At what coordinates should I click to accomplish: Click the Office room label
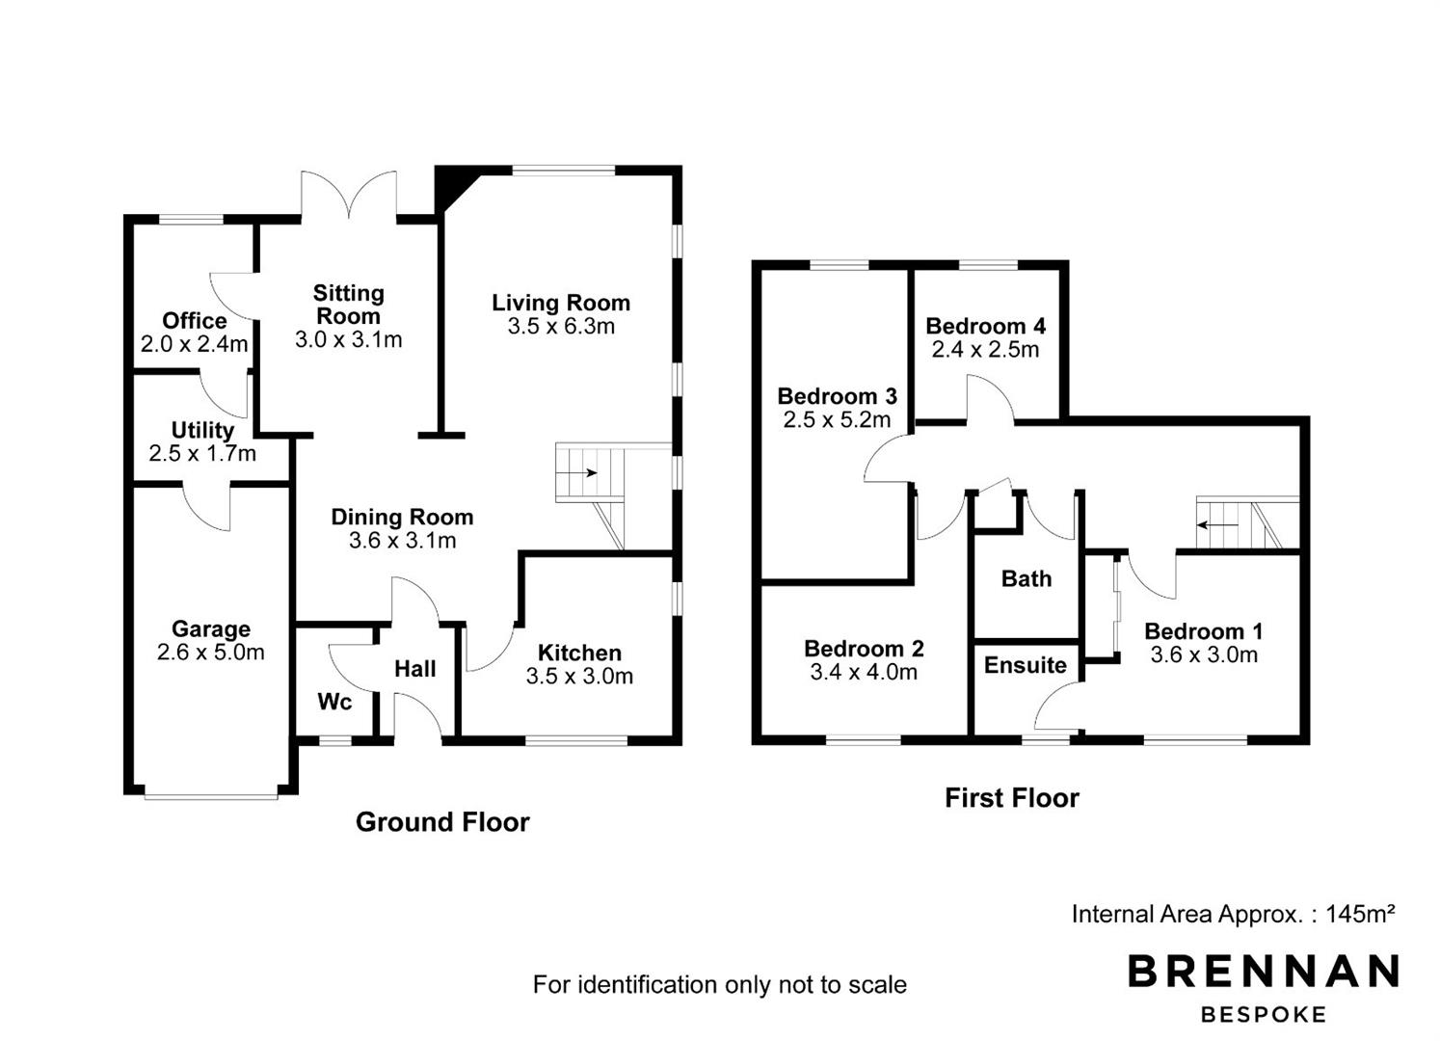tap(194, 320)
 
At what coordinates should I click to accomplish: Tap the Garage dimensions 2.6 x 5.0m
tap(211, 652)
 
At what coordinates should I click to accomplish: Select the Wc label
tap(334, 702)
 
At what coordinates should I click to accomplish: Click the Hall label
tap(415, 669)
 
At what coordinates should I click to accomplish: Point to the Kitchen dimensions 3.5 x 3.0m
tap(579, 676)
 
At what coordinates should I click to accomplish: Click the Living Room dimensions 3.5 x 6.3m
tap(561, 326)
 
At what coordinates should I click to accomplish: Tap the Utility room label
tap(202, 430)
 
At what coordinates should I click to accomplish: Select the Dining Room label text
tap(403, 517)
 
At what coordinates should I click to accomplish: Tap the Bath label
tap(1027, 578)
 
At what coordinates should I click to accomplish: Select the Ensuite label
tap(1026, 665)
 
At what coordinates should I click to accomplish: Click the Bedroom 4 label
tap(985, 326)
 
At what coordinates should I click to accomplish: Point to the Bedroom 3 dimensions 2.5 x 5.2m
tap(837, 420)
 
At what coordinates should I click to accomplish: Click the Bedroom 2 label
tap(864, 649)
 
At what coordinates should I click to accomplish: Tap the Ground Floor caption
tap(442, 822)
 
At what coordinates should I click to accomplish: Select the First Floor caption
tap(1012, 798)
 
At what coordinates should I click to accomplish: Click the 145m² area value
tap(1360, 914)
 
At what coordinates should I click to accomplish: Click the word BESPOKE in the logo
tap(1264, 1015)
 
